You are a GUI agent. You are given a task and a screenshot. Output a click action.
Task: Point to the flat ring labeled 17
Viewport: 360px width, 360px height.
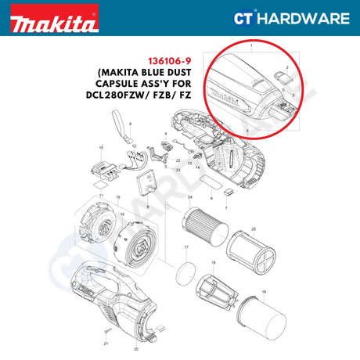coord(184,273)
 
